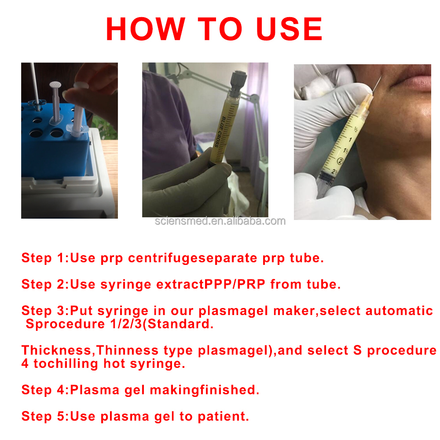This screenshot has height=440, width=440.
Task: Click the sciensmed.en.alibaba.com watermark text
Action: coord(220,221)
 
